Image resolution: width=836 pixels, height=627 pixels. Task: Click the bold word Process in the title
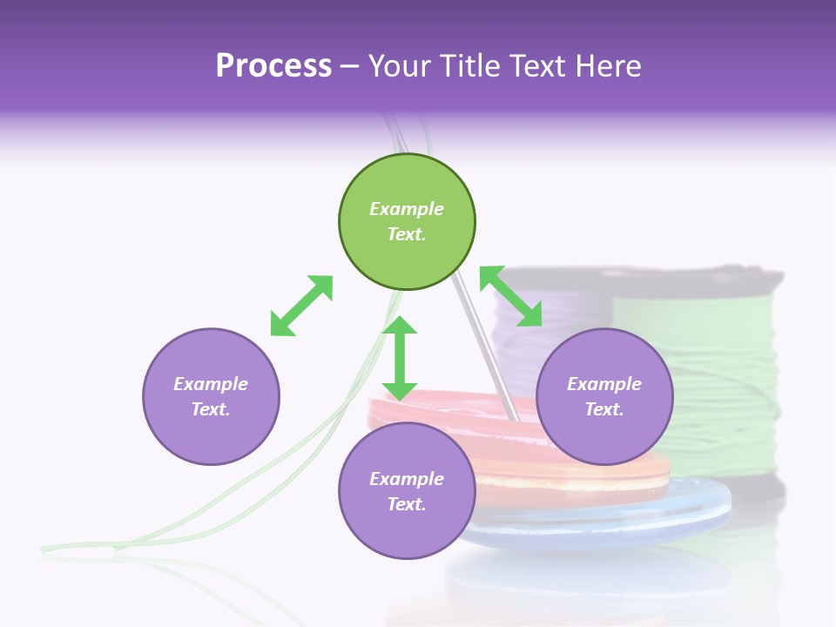[x=273, y=66]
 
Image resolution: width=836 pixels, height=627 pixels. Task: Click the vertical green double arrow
[x=400, y=358]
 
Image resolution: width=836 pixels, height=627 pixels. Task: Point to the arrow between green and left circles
[x=301, y=306]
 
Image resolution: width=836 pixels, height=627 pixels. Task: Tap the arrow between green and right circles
[x=511, y=297]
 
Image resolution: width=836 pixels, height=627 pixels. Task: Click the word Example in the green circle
[x=407, y=209]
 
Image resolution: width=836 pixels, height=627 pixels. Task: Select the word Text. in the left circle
[x=211, y=409]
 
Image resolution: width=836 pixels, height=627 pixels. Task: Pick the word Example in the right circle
[x=604, y=384]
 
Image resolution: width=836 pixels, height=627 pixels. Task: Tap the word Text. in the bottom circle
[x=407, y=504]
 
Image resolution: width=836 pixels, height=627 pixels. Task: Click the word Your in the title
[x=397, y=66]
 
